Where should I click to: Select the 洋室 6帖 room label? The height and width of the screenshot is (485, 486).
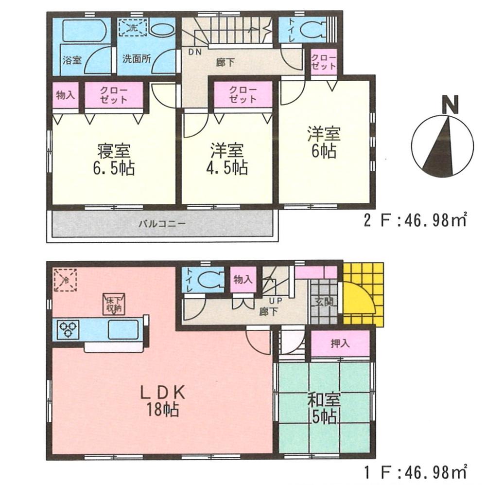click(323, 142)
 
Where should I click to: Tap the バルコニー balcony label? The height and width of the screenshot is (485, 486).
click(160, 224)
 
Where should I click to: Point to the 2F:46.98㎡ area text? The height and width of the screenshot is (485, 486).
click(416, 221)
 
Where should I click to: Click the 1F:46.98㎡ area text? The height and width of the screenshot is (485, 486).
click(416, 471)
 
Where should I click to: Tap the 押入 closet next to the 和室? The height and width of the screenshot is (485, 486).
click(340, 343)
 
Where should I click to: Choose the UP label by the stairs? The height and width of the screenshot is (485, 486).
click(270, 301)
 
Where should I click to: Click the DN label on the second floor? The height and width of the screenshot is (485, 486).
click(193, 52)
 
